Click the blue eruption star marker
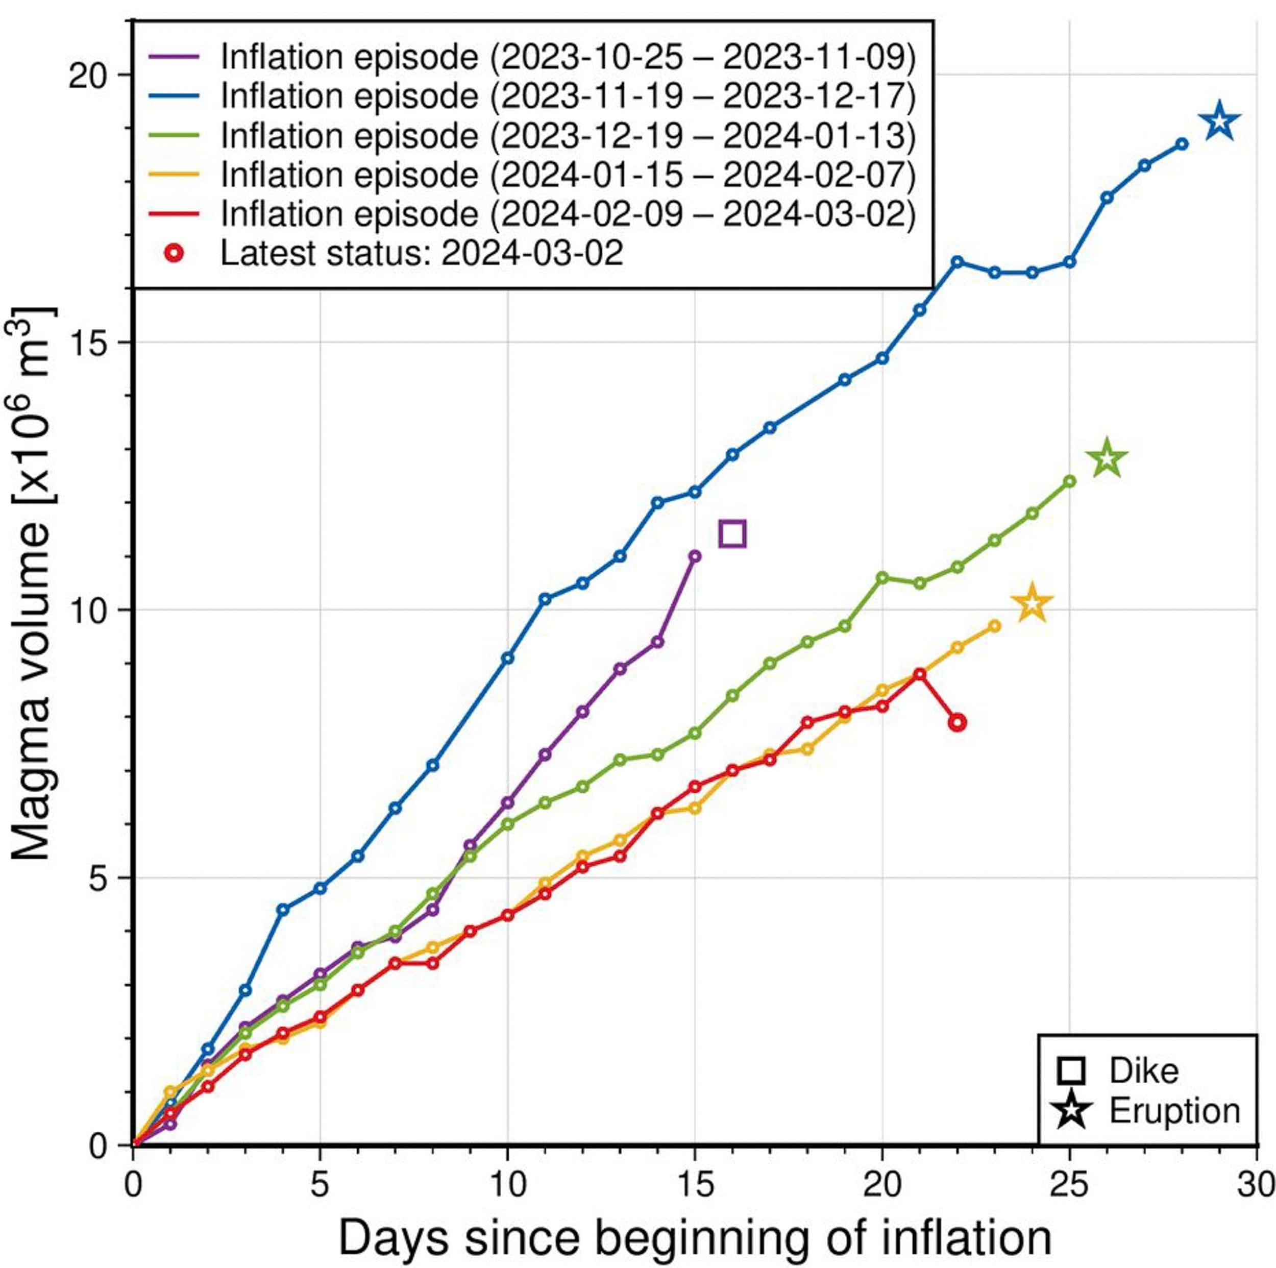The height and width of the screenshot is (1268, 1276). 1219,121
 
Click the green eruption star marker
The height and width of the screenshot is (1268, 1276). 1108,458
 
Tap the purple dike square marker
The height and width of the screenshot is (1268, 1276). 732,533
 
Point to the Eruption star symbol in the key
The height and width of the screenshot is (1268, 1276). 1071,1111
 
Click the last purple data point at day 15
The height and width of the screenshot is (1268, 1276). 695,556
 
